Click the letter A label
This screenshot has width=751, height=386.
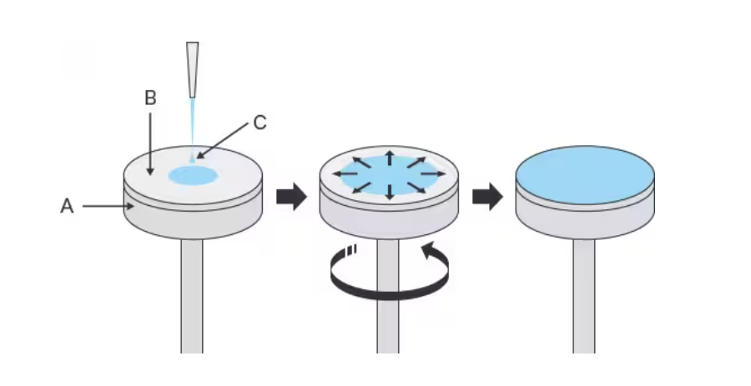point(67,206)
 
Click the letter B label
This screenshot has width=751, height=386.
point(150,98)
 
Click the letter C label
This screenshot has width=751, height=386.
point(260,123)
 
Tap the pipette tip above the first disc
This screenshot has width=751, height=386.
point(193,70)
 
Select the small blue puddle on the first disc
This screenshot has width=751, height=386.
point(193,176)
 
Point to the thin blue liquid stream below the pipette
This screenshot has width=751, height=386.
point(193,129)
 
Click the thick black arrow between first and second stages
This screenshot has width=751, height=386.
point(292,196)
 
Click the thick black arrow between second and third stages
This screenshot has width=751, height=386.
point(487,196)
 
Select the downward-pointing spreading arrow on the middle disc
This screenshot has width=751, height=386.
point(390,190)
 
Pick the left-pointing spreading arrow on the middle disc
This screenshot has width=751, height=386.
point(345,173)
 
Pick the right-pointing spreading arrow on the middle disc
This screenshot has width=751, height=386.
point(433,173)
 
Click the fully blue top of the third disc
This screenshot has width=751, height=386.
point(585,175)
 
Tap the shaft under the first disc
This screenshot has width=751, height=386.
point(192,296)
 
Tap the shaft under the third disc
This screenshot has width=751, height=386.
point(584,296)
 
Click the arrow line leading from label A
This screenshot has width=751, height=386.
point(108,206)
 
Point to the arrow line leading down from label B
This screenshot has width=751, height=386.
point(150,144)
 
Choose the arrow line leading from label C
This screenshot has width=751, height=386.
point(222,141)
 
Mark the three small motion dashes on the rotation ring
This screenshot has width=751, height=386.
point(352,251)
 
